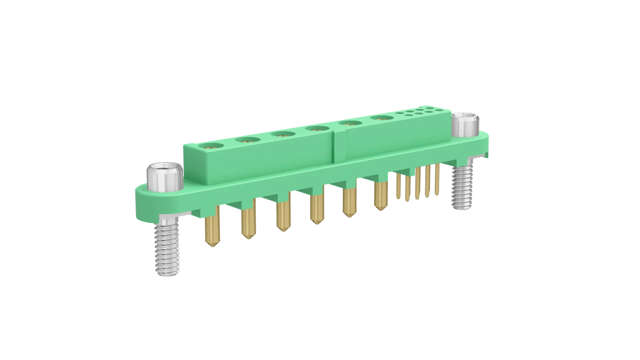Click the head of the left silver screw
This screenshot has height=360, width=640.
(x=164, y=178)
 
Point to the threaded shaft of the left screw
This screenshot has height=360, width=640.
(x=167, y=249)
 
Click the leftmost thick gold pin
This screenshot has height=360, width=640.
(x=212, y=229)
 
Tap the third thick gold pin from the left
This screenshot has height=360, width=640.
(x=283, y=215)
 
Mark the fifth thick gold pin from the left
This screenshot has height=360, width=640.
(x=349, y=202)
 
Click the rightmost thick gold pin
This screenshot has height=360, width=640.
(x=380, y=196)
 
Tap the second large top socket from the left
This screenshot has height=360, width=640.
(x=246, y=140)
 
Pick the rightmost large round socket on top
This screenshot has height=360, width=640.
(x=380, y=118)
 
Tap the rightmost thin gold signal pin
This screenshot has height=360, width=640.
(x=437, y=179)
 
